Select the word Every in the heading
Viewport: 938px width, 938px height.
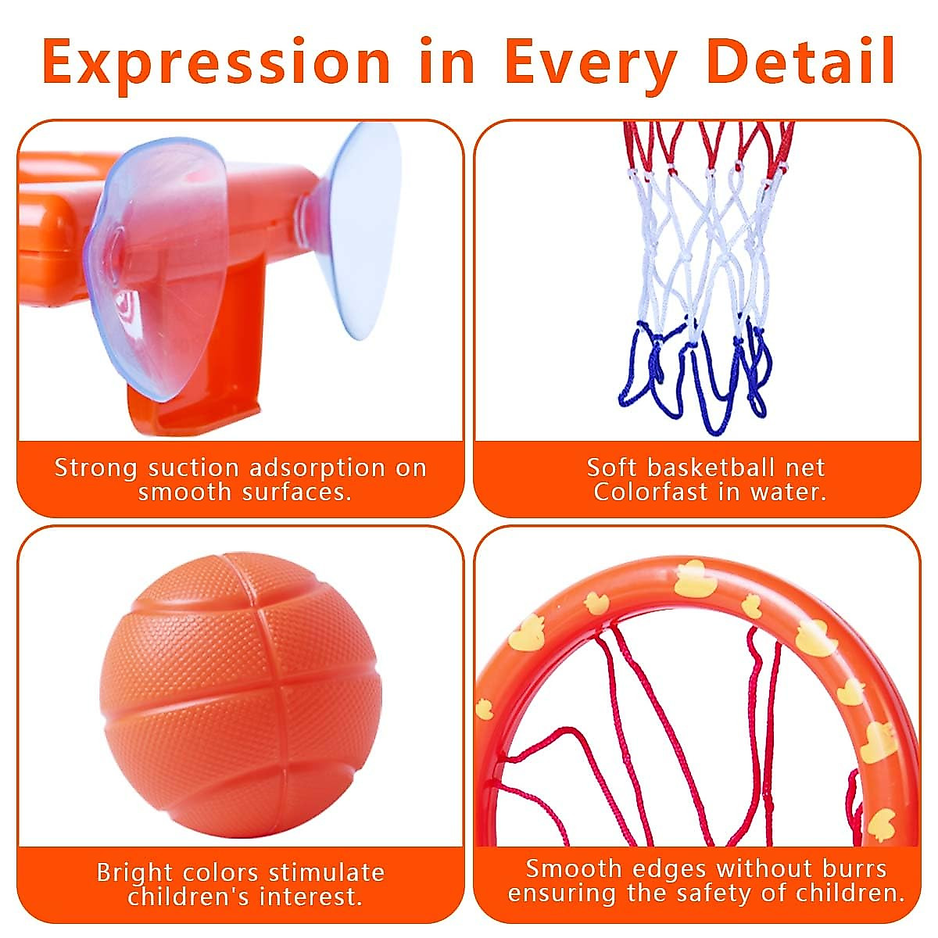click(x=590, y=63)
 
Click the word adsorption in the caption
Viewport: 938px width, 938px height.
click(x=317, y=467)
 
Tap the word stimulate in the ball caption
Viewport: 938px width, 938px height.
click(x=326, y=872)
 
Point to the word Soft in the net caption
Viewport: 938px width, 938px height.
click(x=612, y=467)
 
